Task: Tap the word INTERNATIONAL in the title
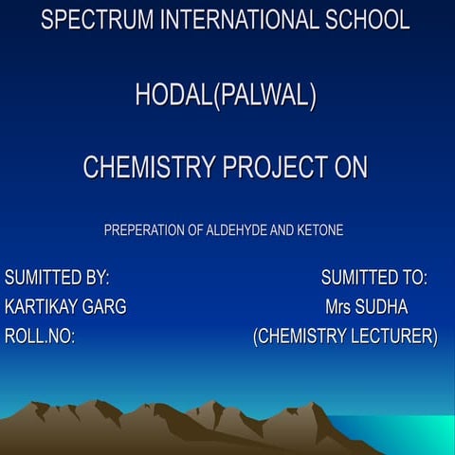pyautogui.click(x=240, y=20)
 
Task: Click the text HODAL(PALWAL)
pyautogui.click(x=226, y=96)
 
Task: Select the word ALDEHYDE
pyautogui.click(x=236, y=230)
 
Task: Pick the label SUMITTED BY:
pyautogui.click(x=57, y=279)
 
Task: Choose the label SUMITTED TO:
pyautogui.click(x=373, y=279)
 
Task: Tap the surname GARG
pyautogui.click(x=105, y=307)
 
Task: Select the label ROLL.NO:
pyautogui.click(x=40, y=337)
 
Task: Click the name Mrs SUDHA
pyautogui.click(x=366, y=307)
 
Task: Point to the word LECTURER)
pyautogui.click(x=395, y=337)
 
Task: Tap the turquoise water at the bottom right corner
pyautogui.click(x=417, y=436)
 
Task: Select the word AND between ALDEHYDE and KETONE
pyautogui.click(x=282, y=230)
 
